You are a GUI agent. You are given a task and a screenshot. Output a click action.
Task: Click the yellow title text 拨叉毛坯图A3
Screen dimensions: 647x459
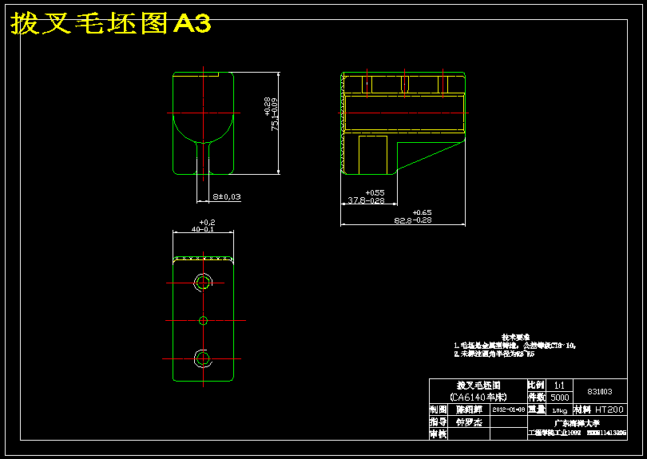110,24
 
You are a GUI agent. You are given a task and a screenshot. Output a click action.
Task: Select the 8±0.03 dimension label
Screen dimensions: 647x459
227,196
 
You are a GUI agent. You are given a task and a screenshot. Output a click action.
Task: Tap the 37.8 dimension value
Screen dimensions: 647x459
364,200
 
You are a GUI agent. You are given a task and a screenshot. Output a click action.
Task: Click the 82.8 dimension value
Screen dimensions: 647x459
412,220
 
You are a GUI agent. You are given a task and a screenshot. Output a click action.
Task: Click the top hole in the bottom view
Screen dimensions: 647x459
203,282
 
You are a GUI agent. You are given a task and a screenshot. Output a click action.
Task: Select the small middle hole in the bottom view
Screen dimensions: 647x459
203,320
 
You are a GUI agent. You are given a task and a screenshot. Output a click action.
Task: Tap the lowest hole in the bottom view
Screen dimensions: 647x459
203,357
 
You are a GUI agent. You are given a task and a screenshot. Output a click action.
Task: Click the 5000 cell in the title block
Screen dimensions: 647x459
560,397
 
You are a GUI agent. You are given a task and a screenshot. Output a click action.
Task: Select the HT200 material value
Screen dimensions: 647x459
610,409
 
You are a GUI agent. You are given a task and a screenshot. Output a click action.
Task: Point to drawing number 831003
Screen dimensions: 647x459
599,391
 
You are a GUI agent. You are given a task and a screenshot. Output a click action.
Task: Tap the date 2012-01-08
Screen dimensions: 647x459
509,409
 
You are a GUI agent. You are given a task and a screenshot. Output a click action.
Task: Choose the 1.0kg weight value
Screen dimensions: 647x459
559,410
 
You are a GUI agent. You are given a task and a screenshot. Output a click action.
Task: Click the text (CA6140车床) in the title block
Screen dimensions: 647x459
478,397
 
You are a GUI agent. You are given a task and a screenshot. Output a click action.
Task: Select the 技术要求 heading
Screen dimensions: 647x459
516,338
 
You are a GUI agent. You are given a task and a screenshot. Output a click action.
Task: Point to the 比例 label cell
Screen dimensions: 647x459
536,385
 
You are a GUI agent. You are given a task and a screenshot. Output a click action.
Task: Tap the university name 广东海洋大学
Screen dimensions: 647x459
576,421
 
